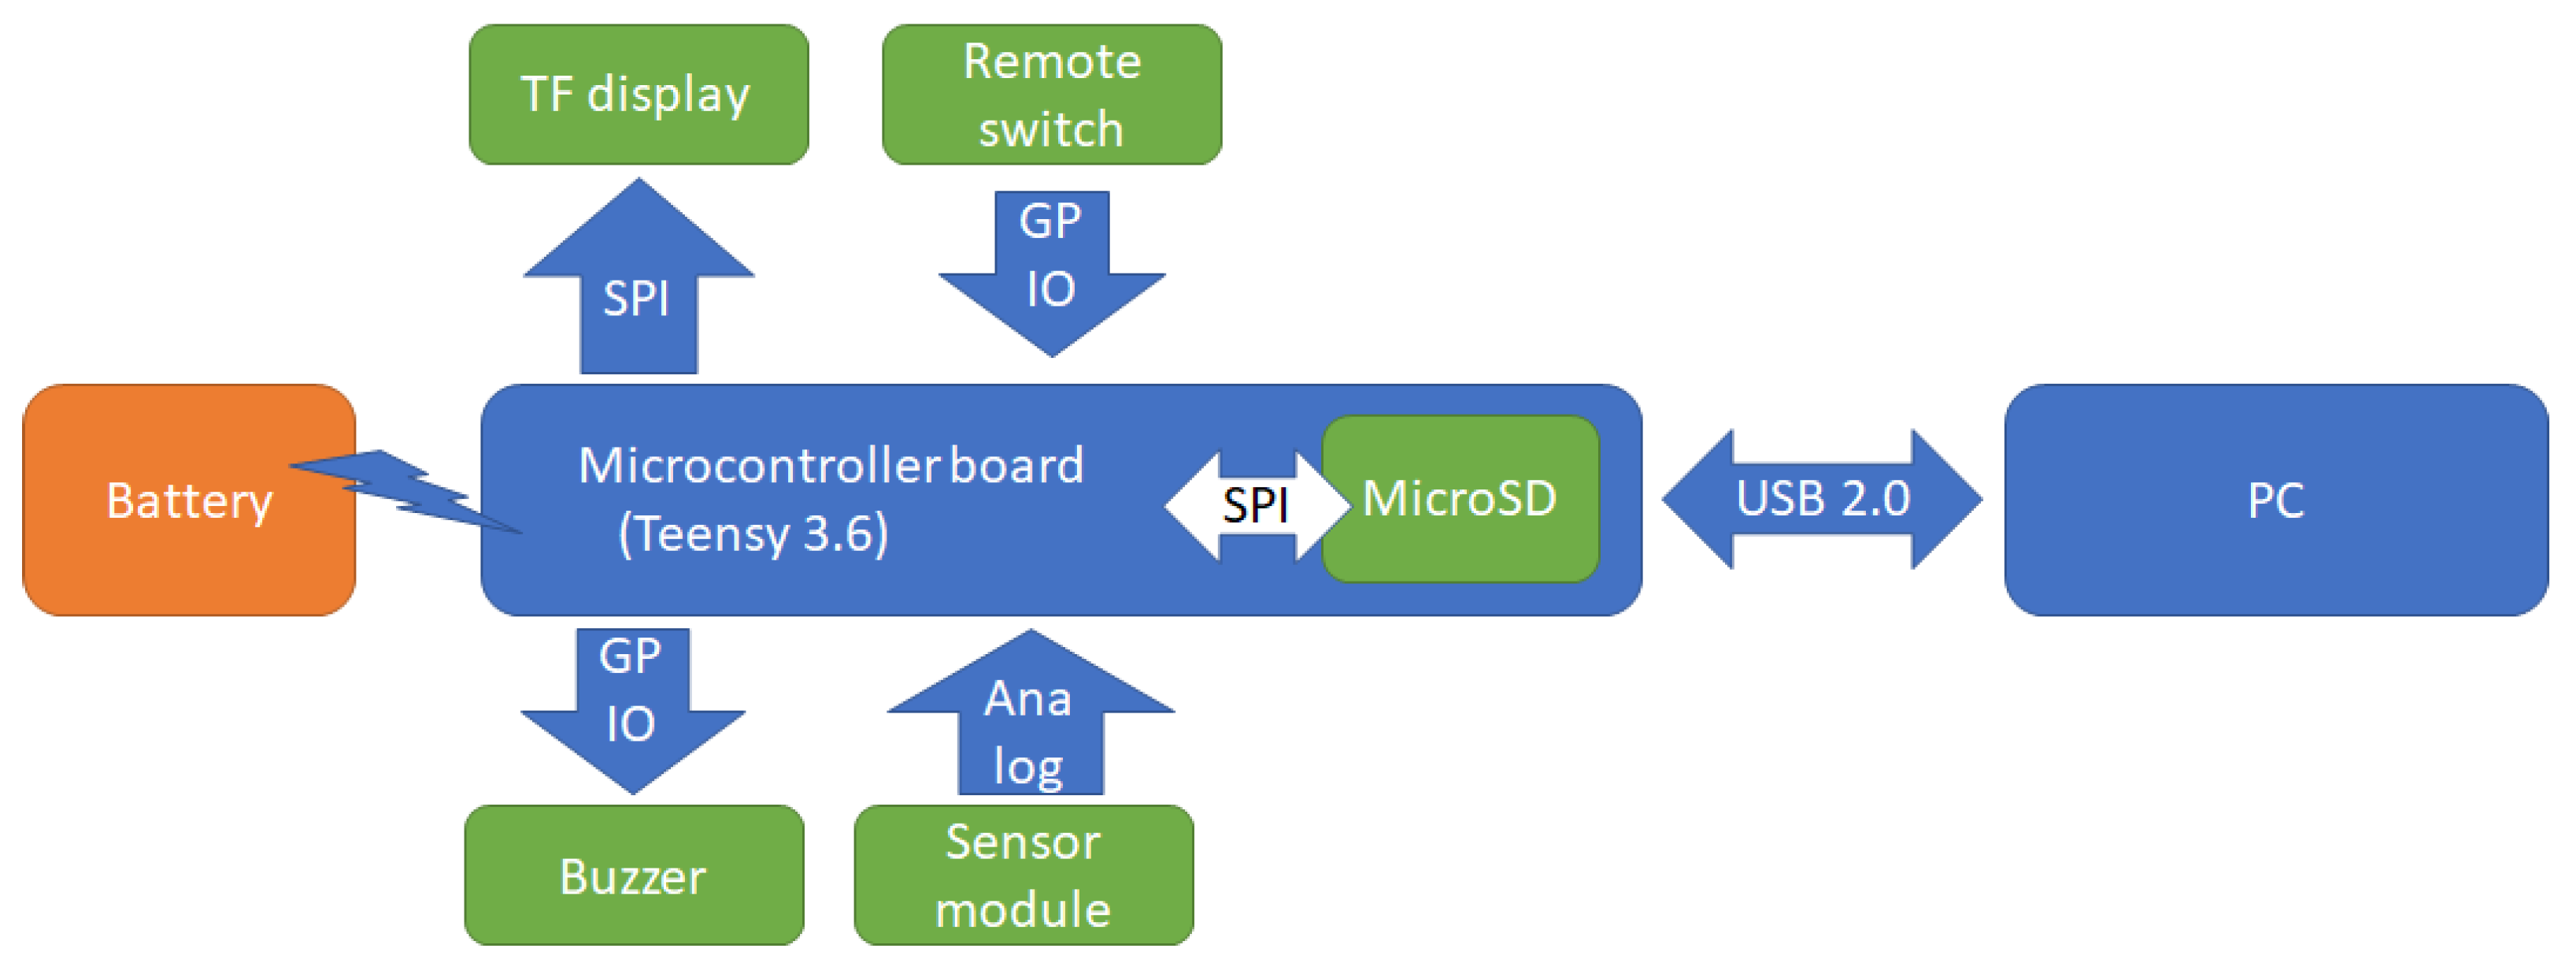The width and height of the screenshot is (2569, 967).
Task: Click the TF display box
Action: pos(639,95)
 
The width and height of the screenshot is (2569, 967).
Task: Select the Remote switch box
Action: pos(1051,95)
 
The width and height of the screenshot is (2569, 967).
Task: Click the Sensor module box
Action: pos(1024,876)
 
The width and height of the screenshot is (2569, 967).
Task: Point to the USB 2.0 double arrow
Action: pos(1821,499)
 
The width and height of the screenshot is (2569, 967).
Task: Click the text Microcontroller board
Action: pos(831,465)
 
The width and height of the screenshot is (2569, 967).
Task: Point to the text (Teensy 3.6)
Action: pos(753,534)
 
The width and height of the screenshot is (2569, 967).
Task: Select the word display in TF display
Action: pos(668,95)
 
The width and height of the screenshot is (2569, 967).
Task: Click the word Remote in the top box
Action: pos(1051,62)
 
